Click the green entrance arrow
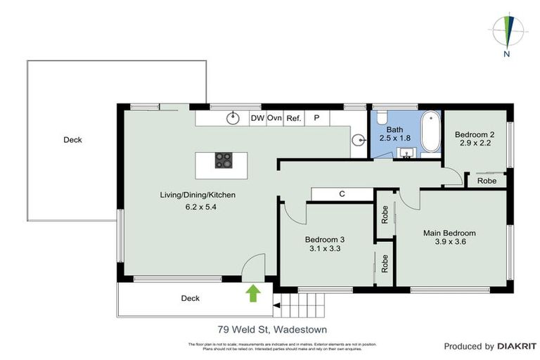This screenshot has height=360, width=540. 252,292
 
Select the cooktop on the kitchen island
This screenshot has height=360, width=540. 224,161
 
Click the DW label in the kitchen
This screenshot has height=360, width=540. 258,118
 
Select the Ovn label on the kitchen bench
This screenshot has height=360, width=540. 274,118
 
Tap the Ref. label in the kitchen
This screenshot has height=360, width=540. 293,118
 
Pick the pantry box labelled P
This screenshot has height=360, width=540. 316,118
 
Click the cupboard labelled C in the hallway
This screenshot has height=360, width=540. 341,193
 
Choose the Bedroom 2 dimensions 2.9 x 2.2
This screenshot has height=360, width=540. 473,143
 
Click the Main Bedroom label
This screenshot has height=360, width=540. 449,233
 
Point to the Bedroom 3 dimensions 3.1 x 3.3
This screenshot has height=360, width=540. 324,247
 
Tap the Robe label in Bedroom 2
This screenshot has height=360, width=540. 487,181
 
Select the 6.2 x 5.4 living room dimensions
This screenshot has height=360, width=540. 197,206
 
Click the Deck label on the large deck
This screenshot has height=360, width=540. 72,140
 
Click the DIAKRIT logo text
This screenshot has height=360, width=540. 517,346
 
